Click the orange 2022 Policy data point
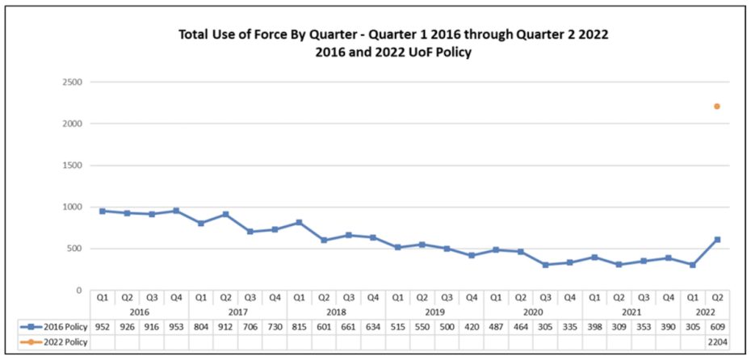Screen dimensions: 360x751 tap(716, 106)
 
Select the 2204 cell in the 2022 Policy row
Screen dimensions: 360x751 tap(716, 343)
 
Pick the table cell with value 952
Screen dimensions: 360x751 tap(102, 326)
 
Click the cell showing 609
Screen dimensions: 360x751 tap(716, 326)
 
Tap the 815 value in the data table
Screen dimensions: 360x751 tap(299, 326)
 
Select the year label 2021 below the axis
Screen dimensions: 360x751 tap(631, 312)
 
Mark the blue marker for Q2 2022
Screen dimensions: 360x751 tap(716, 240)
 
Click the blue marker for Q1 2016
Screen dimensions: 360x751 tap(102, 211)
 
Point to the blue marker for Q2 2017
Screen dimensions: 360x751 tap(225, 215)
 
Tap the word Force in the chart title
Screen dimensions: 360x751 tap(266, 36)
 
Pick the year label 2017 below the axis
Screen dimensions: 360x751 tap(237, 312)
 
